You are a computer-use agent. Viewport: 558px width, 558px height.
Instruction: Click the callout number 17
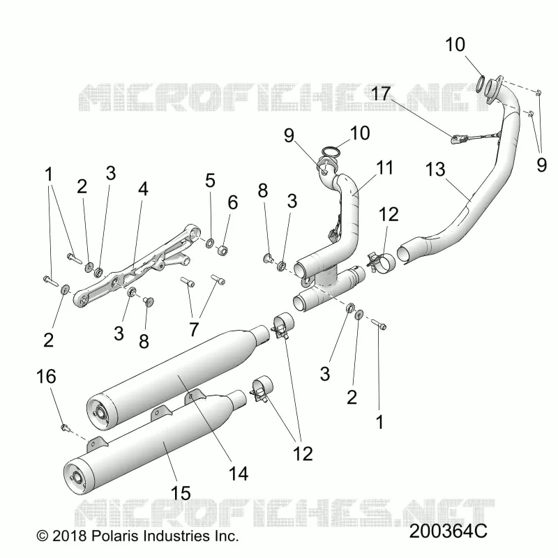[381, 94]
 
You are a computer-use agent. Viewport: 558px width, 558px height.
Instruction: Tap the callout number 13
[435, 169]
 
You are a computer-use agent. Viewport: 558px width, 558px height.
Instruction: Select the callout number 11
[385, 167]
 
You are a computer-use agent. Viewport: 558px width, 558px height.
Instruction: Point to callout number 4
[143, 188]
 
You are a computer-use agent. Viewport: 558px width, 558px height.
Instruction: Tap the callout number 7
[194, 329]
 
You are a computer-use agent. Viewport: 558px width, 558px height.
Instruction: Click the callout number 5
[211, 181]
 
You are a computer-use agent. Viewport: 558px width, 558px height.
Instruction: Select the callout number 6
[233, 202]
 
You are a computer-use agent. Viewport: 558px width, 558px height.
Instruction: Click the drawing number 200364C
[448, 531]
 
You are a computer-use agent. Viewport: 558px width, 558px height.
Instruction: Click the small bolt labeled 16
[65, 426]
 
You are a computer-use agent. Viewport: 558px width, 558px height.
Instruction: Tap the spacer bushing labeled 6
[223, 250]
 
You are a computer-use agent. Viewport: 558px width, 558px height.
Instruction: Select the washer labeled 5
[210, 243]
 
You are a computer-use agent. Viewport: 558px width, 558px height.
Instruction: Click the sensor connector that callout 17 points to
[456, 139]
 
